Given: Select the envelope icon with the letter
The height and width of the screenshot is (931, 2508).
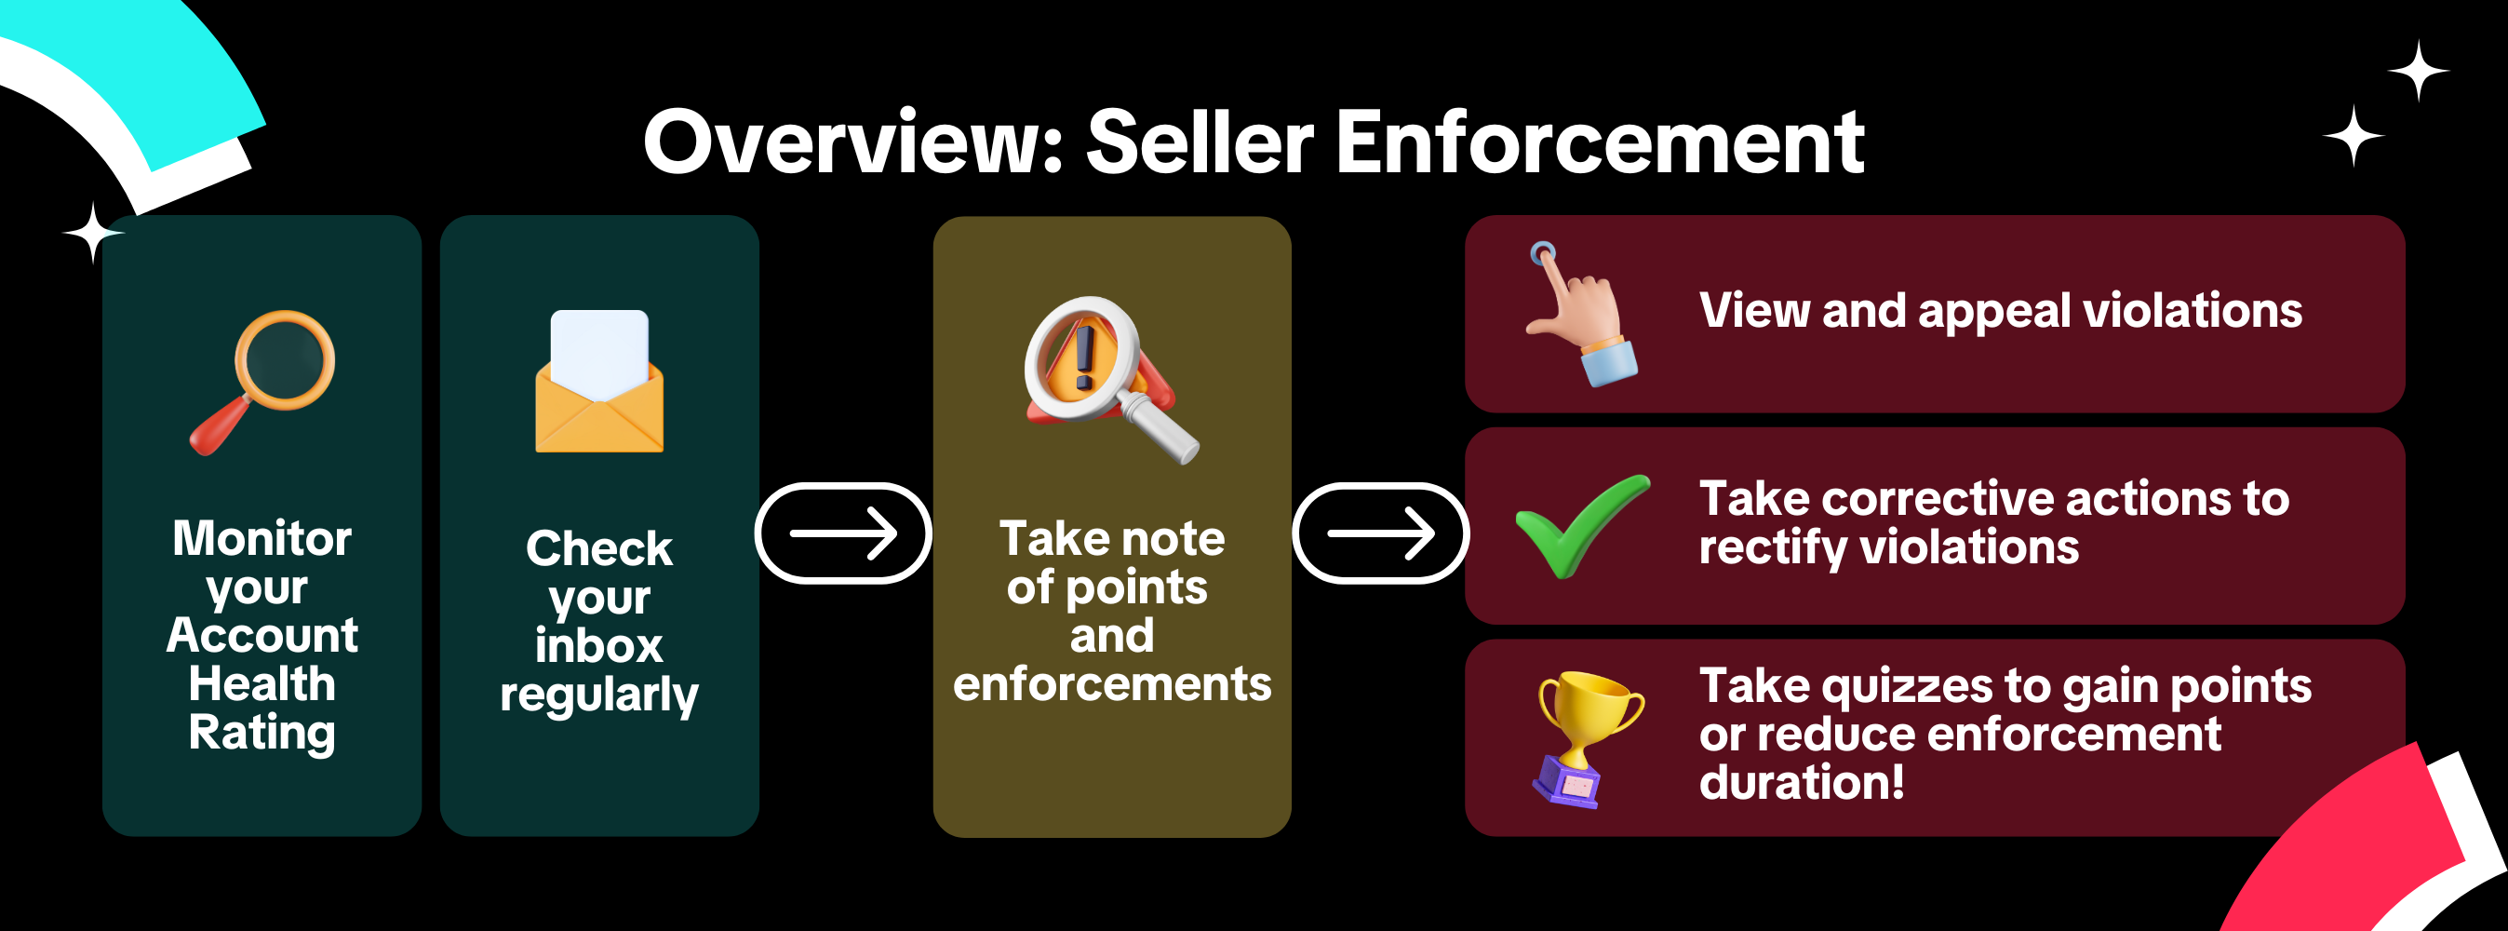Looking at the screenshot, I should (598, 382).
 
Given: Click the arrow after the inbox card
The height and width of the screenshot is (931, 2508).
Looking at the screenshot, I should (843, 533).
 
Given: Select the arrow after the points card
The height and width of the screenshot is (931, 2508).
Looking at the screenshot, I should (1381, 533).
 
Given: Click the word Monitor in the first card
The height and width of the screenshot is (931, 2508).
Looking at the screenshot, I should (262, 538).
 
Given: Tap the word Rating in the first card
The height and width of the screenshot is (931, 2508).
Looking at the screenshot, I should (262, 733).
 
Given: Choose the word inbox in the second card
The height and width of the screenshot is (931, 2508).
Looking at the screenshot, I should (598, 647).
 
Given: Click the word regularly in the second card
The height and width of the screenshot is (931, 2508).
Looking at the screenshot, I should (598, 695).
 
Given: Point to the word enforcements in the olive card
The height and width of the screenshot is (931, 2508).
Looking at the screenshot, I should (1112, 683).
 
